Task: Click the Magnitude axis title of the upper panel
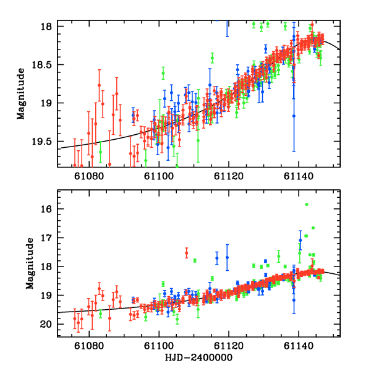pyautogui.click(x=21, y=94)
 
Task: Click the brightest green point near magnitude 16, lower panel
pyautogui.click(x=306, y=204)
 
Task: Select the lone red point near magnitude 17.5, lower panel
pyautogui.click(x=187, y=253)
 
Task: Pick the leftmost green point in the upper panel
pyautogui.click(x=100, y=151)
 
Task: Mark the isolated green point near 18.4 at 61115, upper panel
pyautogui.click(x=212, y=58)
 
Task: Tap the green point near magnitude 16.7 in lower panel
pyautogui.click(x=313, y=228)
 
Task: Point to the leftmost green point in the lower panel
pyautogui.click(x=100, y=313)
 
